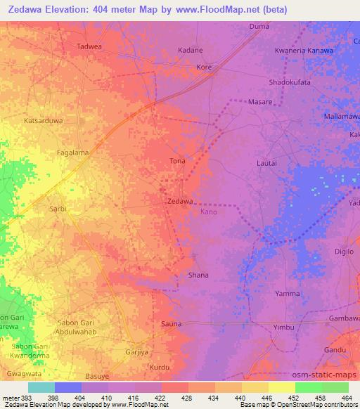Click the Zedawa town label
point(181,202)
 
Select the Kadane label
point(191,51)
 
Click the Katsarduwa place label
point(44,121)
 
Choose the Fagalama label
point(73,152)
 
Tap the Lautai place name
point(267,163)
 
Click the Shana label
point(198,275)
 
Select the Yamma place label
point(288,294)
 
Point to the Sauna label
point(172,324)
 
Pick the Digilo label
point(344,251)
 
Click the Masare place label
point(261,102)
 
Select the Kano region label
point(209,212)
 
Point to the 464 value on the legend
point(346,398)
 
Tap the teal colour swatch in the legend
point(41,387)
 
